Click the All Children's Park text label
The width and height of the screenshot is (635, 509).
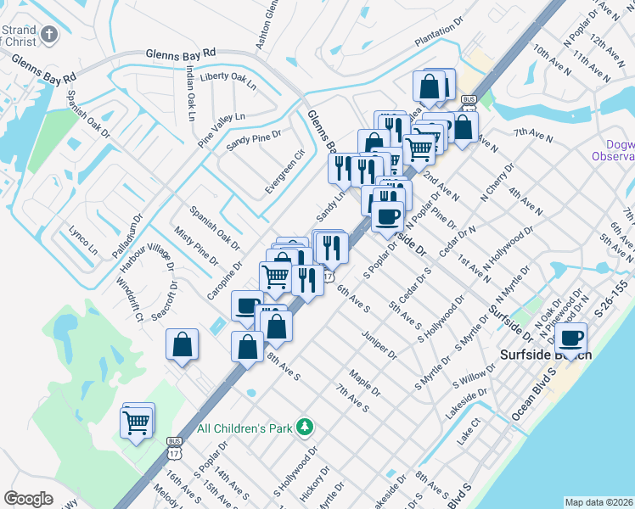[x=245, y=428]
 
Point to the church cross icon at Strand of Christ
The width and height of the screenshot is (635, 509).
[x=50, y=35]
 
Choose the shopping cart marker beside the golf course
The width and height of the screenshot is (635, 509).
[x=138, y=422]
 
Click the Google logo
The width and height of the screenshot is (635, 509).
[x=28, y=499]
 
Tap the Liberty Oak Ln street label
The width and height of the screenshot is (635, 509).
[x=227, y=81]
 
